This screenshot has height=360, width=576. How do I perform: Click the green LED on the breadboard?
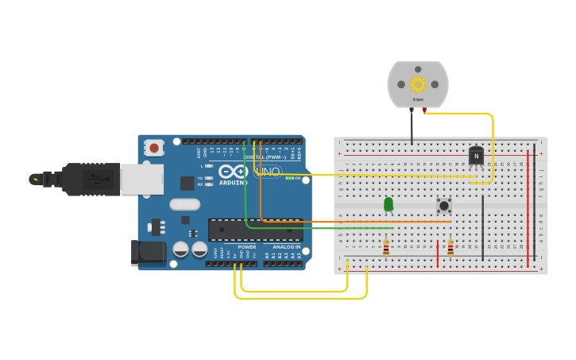[389, 204]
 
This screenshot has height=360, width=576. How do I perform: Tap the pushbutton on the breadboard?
[444, 205]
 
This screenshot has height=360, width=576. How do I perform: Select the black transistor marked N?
[476, 156]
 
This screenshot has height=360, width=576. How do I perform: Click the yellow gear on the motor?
[418, 83]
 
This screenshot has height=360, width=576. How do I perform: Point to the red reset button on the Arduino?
[154, 148]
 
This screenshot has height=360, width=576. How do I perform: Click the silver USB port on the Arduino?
[142, 179]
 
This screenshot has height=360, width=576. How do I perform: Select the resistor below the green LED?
[386, 248]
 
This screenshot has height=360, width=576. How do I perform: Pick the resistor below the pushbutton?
[450, 248]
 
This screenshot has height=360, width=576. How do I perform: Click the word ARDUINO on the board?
[233, 183]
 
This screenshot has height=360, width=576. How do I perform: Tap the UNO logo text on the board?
[267, 171]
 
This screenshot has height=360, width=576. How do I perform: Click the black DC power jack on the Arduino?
[149, 253]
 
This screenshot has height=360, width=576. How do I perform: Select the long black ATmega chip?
[255, 230]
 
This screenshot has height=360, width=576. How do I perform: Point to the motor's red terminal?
[424, 110]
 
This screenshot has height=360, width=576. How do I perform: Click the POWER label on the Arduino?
[247, 246]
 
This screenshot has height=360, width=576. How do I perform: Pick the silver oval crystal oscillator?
[184, 204]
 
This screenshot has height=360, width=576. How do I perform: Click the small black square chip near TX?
[187, 184]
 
